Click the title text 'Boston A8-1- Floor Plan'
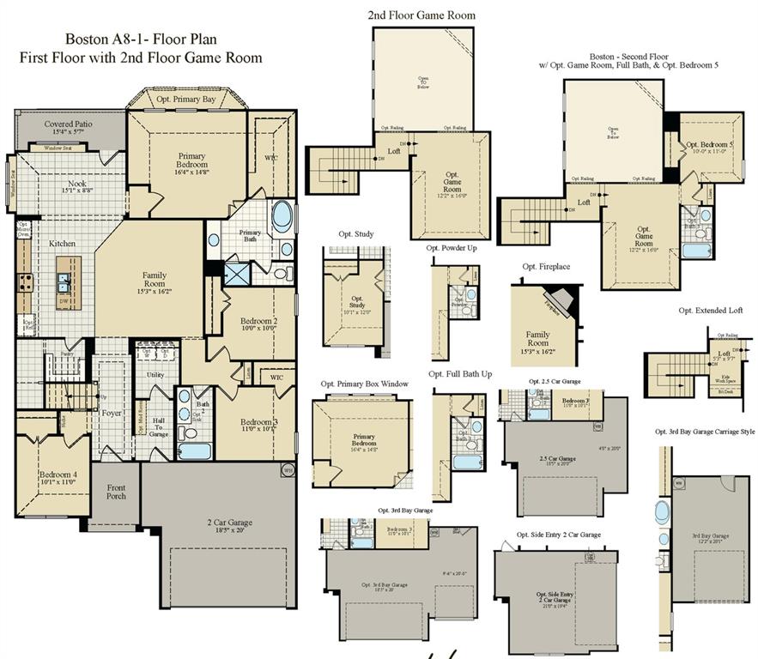pyautogui.click(x=141, y=39)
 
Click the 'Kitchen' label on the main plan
pyautogui.click(x=62, y=244)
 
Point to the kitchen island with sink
pyautogui.click(x=64, y=281)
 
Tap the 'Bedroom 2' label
pyautogui.click(x=241, y=323)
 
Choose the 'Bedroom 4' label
pyautogui.click(x=58, y=477)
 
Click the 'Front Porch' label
pyautogui.click(x=116, y=493)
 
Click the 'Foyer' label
pyautogui.click(x=112, y=413)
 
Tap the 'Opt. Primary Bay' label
pyautogui.click(x=186, y=100)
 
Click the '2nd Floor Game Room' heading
pyautogui.click(x=421, y=15)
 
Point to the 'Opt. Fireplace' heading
pyautogui.click(x=546, y=267)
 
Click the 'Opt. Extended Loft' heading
pyautogui.click(x=710, y=311)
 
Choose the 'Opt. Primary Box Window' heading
pyautogui.click(x=364, y=384)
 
